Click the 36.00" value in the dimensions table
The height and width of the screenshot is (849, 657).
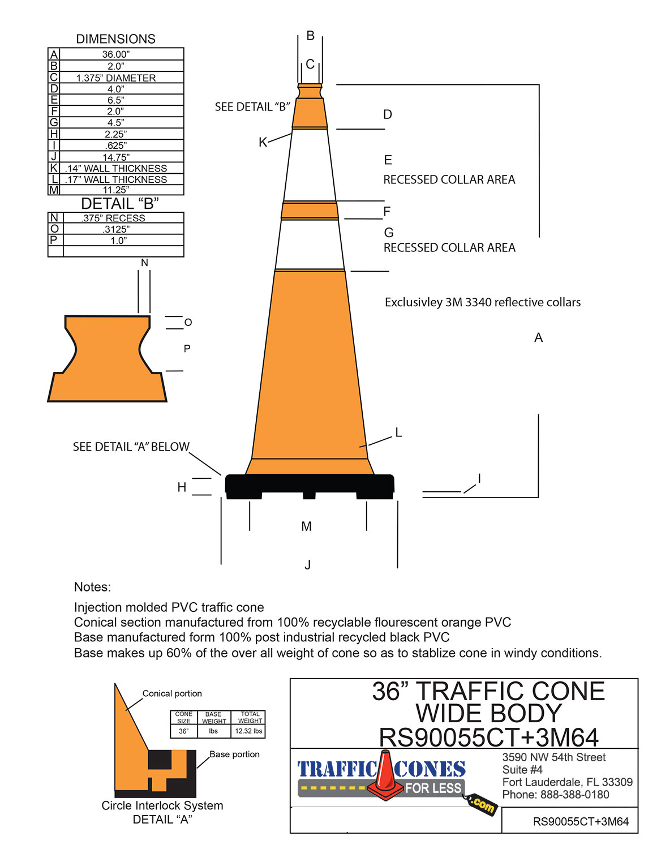click(x=116, y=54)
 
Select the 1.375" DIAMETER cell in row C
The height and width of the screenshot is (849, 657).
click(x=116, y=78)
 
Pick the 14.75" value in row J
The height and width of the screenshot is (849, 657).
click(x=116, y=157)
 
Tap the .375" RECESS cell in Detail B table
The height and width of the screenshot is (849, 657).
click(x=113, y=218)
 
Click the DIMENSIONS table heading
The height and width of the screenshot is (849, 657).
click(x=115, y=39)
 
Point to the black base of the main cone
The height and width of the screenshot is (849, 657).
click(x=310, y=485)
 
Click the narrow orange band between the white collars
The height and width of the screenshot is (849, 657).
click(x=310, y=211)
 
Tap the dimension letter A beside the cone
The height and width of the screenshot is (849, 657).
click(x=538, y=338)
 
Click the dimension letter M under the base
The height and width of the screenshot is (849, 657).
click(x=306, y=527)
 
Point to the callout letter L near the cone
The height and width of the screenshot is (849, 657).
click(x=398, y=433)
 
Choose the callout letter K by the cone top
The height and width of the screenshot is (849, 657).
click(x=263, y=143)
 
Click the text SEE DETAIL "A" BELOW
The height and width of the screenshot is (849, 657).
click(x=131, y=447)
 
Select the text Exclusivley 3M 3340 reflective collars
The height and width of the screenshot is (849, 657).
click(x=482, y=302)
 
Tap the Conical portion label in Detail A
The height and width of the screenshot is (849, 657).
click(x=172, y=693)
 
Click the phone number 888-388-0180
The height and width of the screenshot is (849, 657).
click(x=574, y=795)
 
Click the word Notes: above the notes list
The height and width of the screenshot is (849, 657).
click(x=92, y=587)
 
